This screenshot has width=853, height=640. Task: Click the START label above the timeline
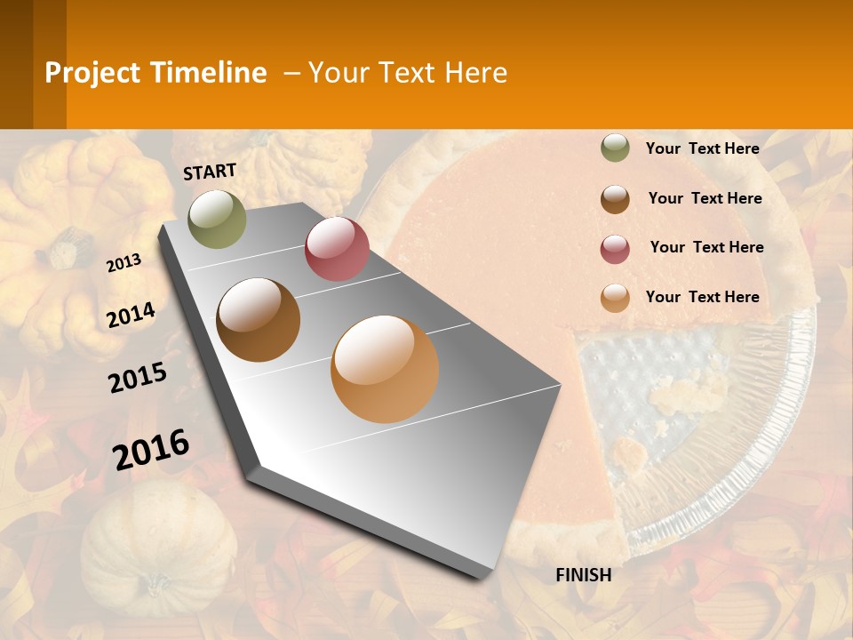(210, 172)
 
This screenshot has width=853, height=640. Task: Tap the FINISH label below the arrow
(583, 575)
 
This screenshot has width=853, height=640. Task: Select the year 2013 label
(124, 262)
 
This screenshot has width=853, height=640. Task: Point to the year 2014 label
(131, 315)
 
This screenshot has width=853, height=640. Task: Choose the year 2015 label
(138, 378)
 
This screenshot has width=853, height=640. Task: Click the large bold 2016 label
(151, 449)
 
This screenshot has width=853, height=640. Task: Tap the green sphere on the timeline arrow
(218, 219)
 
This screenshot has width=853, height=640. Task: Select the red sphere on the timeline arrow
(337, 249)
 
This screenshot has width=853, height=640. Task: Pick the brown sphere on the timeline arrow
(259, 320)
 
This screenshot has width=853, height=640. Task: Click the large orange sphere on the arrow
(385, 369)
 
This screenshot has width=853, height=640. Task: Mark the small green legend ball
(615, 148)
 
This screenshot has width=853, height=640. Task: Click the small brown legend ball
(615, 199)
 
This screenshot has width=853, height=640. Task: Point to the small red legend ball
(615, 249)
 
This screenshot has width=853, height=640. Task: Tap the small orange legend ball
(615, 298)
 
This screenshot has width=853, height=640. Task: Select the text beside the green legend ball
(702, 148)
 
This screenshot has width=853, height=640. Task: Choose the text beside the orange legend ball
(702, 297)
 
